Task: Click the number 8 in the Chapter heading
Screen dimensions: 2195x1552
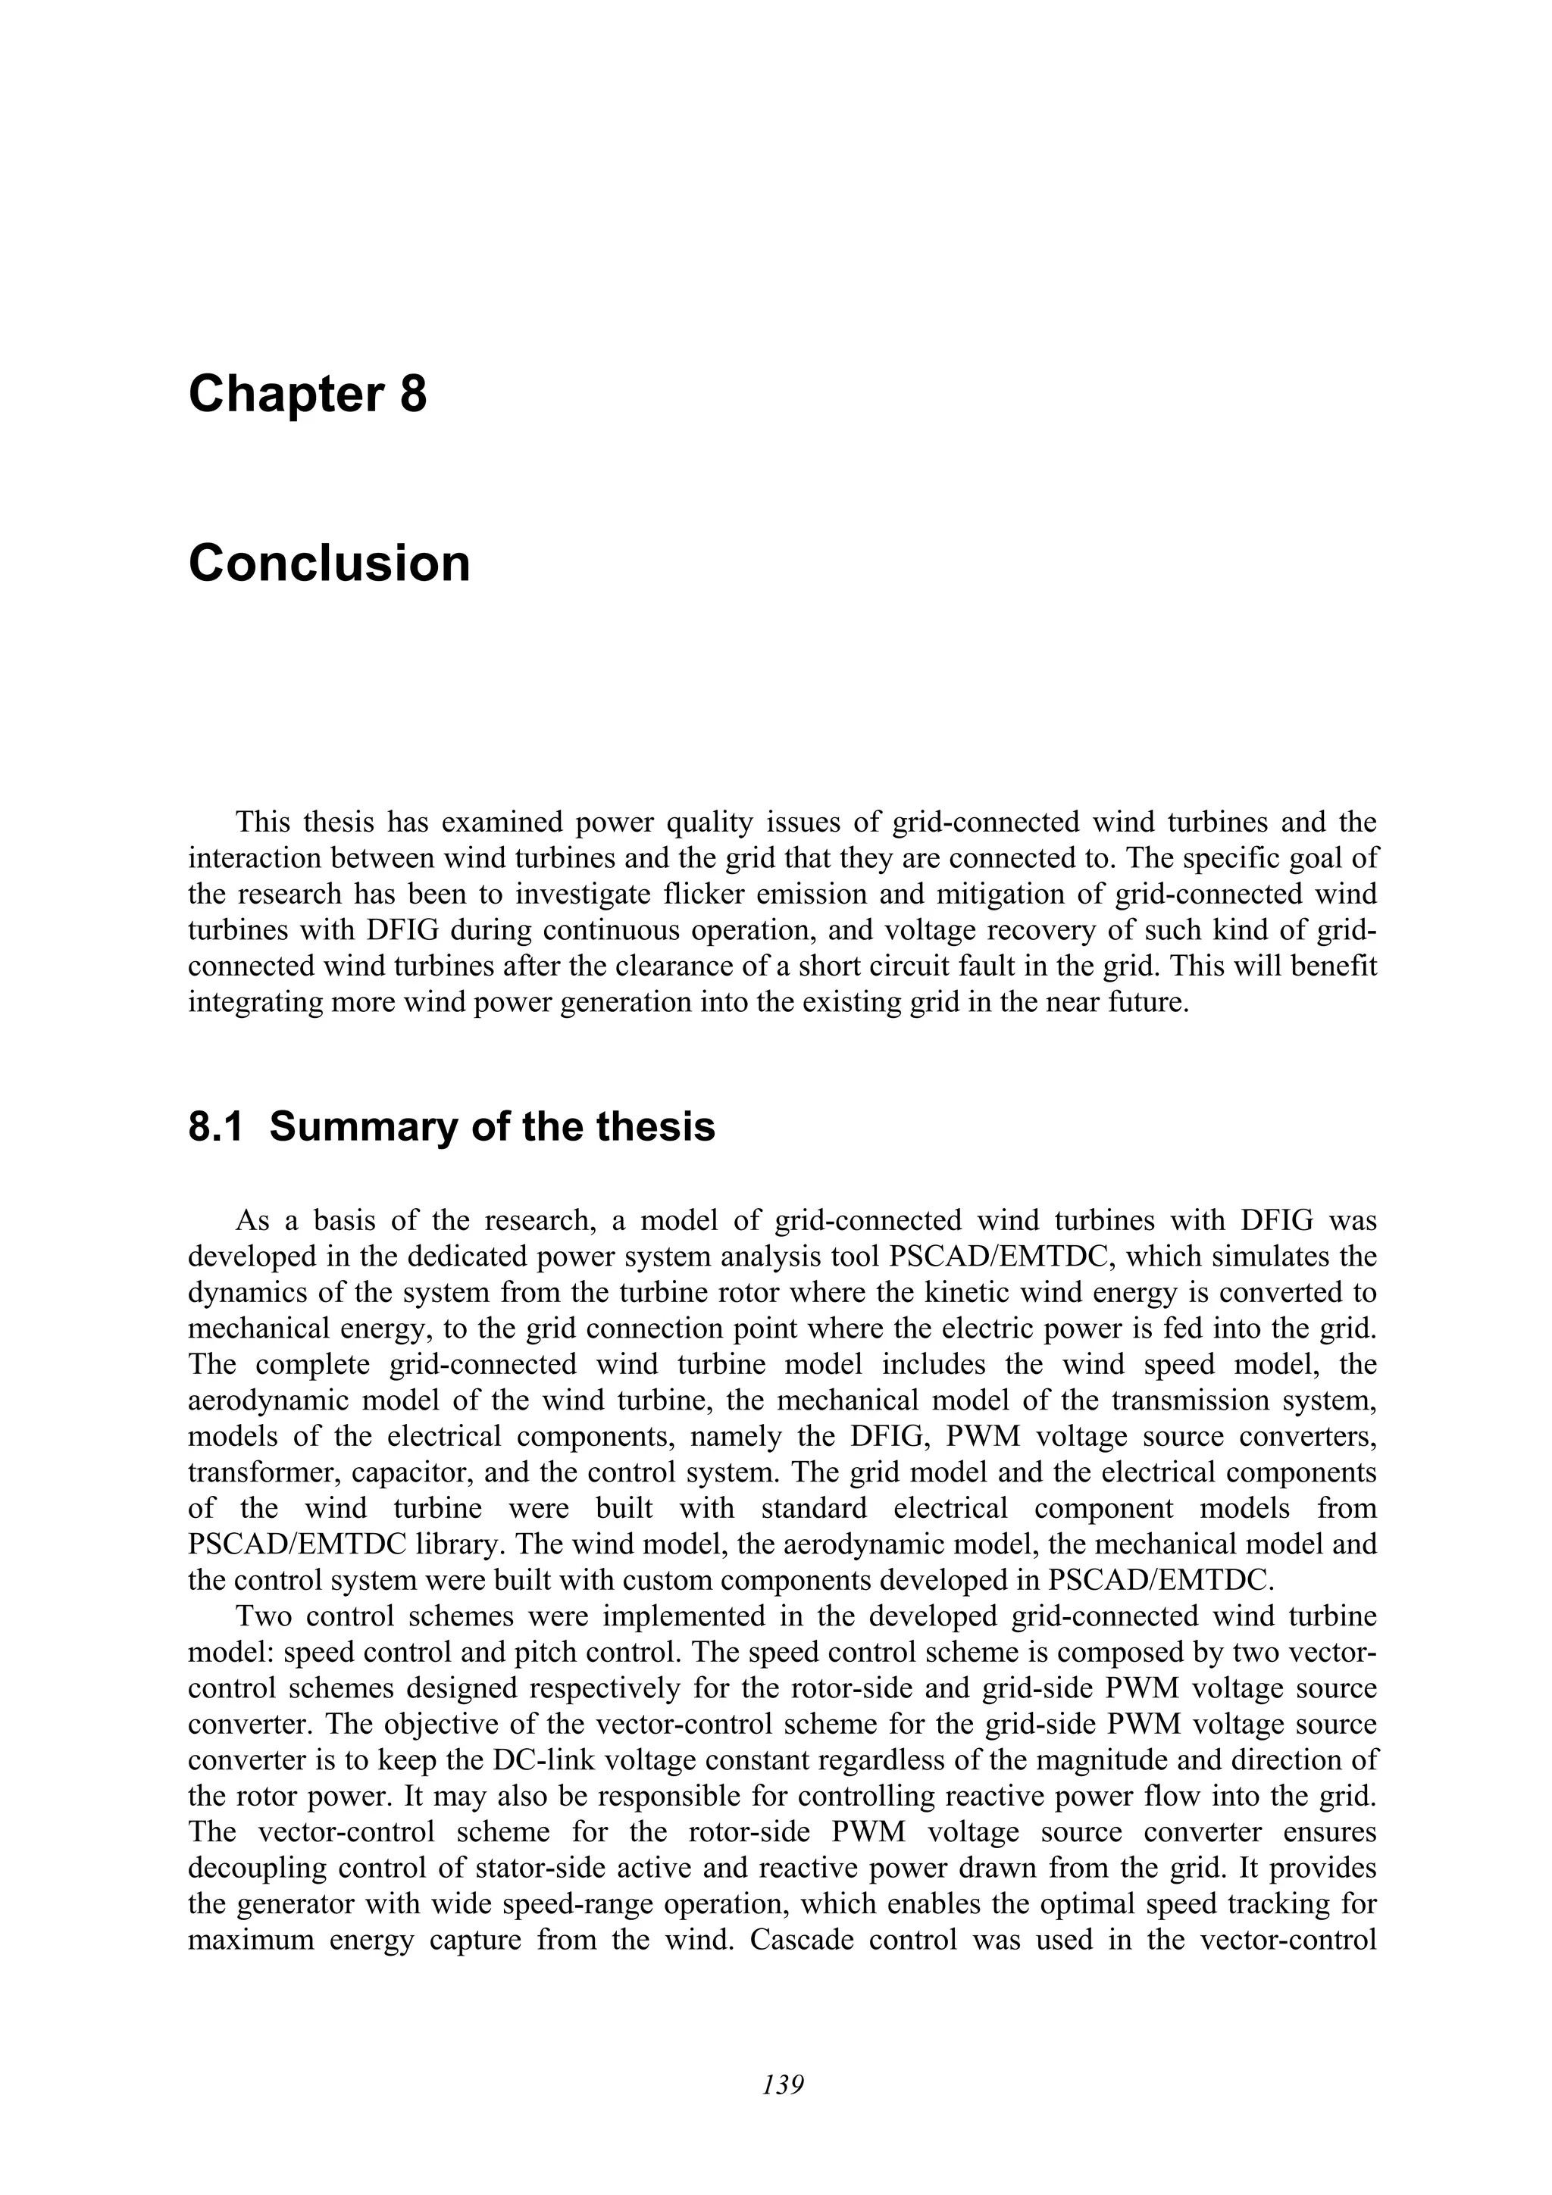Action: click(x=412, y=394)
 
